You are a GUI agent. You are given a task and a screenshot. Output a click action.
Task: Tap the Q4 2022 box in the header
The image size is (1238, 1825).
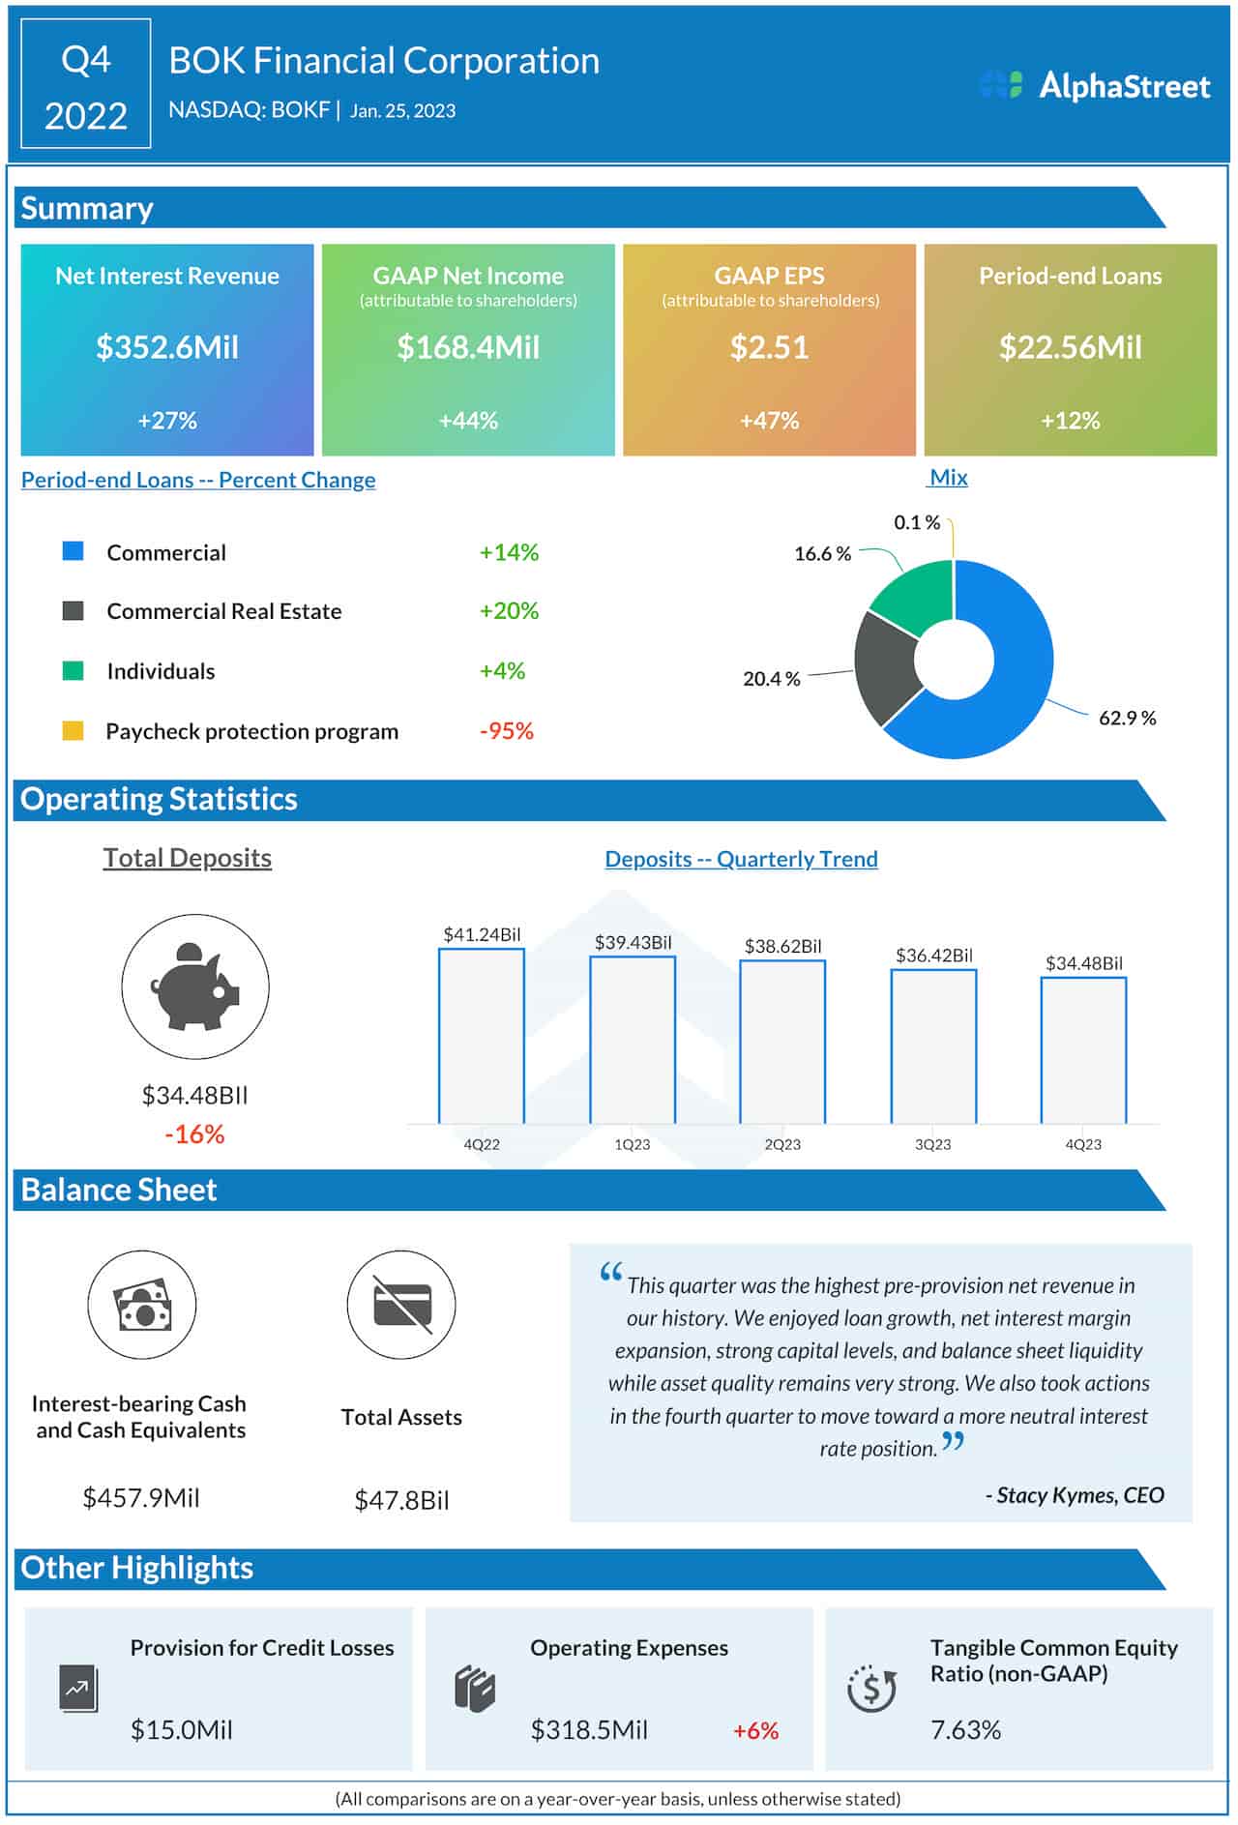tap(86, 85)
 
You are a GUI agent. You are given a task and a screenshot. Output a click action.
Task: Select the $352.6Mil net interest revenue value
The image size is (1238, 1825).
tap(166, 347)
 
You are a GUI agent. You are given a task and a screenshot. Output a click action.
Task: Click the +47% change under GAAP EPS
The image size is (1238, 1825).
tap(769, 421)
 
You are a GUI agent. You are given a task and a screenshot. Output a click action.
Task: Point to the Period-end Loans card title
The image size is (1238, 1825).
tap(1070, 276)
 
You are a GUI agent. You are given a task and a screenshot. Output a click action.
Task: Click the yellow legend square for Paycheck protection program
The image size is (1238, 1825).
tap(73, 730)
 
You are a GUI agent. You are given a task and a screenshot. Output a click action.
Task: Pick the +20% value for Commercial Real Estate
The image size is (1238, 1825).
tap(509, 611)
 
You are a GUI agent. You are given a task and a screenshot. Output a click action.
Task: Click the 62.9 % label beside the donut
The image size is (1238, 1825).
tap(1127, 718)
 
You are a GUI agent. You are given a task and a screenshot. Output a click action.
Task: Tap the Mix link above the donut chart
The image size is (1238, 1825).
tap(948, 477)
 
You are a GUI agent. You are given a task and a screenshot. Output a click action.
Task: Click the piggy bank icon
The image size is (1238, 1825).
tap(195, 986)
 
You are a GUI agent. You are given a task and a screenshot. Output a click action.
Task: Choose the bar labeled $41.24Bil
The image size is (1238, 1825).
tap(482, 1035)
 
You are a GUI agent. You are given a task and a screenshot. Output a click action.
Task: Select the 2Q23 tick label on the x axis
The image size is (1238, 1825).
tap(782, 1144)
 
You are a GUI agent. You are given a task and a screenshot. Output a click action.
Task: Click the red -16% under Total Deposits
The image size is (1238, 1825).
tap(194, 1133)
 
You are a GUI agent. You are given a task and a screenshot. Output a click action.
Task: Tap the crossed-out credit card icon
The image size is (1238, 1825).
tap(401, 1305)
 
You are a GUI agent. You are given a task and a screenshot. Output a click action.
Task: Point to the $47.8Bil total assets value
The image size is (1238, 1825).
tap(401, 1500)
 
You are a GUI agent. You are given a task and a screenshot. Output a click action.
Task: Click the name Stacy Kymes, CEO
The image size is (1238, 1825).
tap(1075, 1495)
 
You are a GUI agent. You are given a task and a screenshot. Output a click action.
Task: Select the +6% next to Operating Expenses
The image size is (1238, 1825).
tap(755, 1730)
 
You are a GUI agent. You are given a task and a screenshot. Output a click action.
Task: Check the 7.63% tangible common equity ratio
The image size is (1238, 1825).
tap(965, 1729)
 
